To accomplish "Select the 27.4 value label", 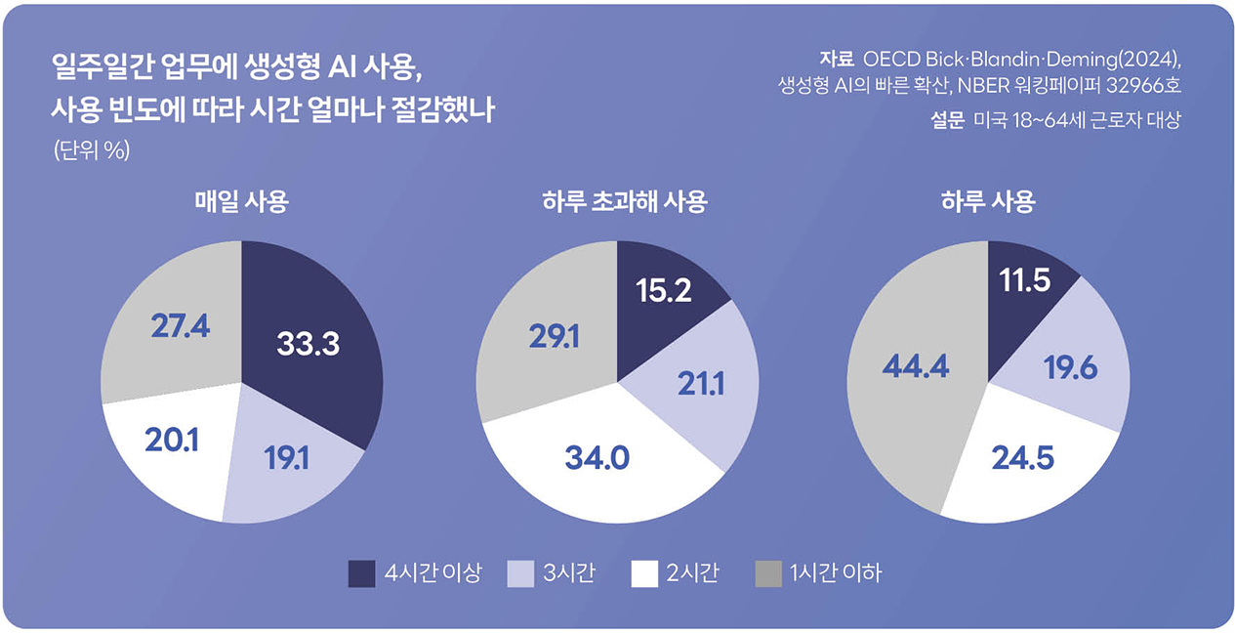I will pos(181,326).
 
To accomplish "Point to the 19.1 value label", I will pos(286,458).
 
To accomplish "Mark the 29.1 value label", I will pos(554,337).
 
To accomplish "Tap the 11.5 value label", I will pos(1024,281).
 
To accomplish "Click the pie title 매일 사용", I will pos(241,203).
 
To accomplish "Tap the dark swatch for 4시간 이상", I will pos(361,573).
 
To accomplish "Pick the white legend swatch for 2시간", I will pos(644,573).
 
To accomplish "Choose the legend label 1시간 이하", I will pos(835,573).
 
